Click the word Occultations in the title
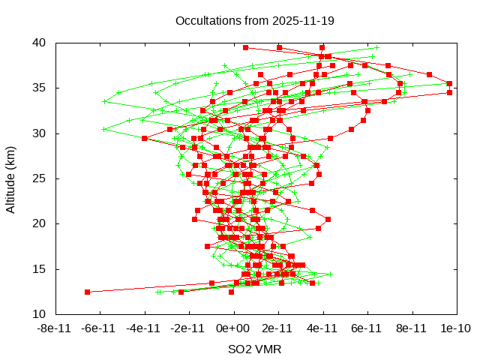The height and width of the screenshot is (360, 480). pyautogui.click(x=207, y=20)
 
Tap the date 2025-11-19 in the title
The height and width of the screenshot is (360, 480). pyautogui.click(x=297, y=20)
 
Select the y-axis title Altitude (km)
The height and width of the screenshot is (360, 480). pyautogui.click(x=11, y=178)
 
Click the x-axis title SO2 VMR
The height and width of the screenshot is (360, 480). pyautogui.click(x=255, y=349)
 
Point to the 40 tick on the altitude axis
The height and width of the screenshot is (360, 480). pyautogui.click(x=40, y=43)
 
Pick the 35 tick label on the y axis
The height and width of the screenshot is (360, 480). pyautogui.click(x=40, y=88)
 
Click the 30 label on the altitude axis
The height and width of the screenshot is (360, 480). pyautogui.click(x=40, y=133)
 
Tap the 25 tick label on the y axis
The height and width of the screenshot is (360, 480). pyautogui.click(x=40, y=178)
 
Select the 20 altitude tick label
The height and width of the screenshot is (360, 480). pyautogui.click(x=40, y=223)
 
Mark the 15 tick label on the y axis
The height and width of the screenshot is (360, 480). pyautogui.click(x=40, y=268)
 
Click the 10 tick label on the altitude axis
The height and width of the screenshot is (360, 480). pyautogui.click(x=40, y=313)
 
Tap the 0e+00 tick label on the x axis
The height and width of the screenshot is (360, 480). pyautogui.click(x=233, y=328)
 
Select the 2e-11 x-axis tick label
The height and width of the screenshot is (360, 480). pyautogui.click(x=277, y=328)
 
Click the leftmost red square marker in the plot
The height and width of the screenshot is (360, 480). pyautogui.click(x=88, y=292)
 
